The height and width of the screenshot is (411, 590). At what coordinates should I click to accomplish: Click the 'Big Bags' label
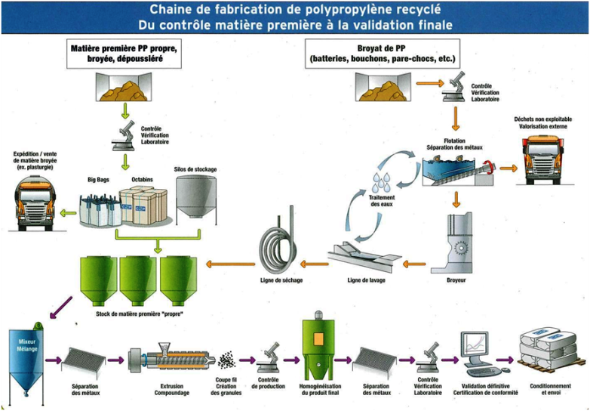(100, 181)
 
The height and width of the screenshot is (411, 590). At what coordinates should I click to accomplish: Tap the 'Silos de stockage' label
(195, 169)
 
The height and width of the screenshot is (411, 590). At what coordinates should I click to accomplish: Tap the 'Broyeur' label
(456, 281)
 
